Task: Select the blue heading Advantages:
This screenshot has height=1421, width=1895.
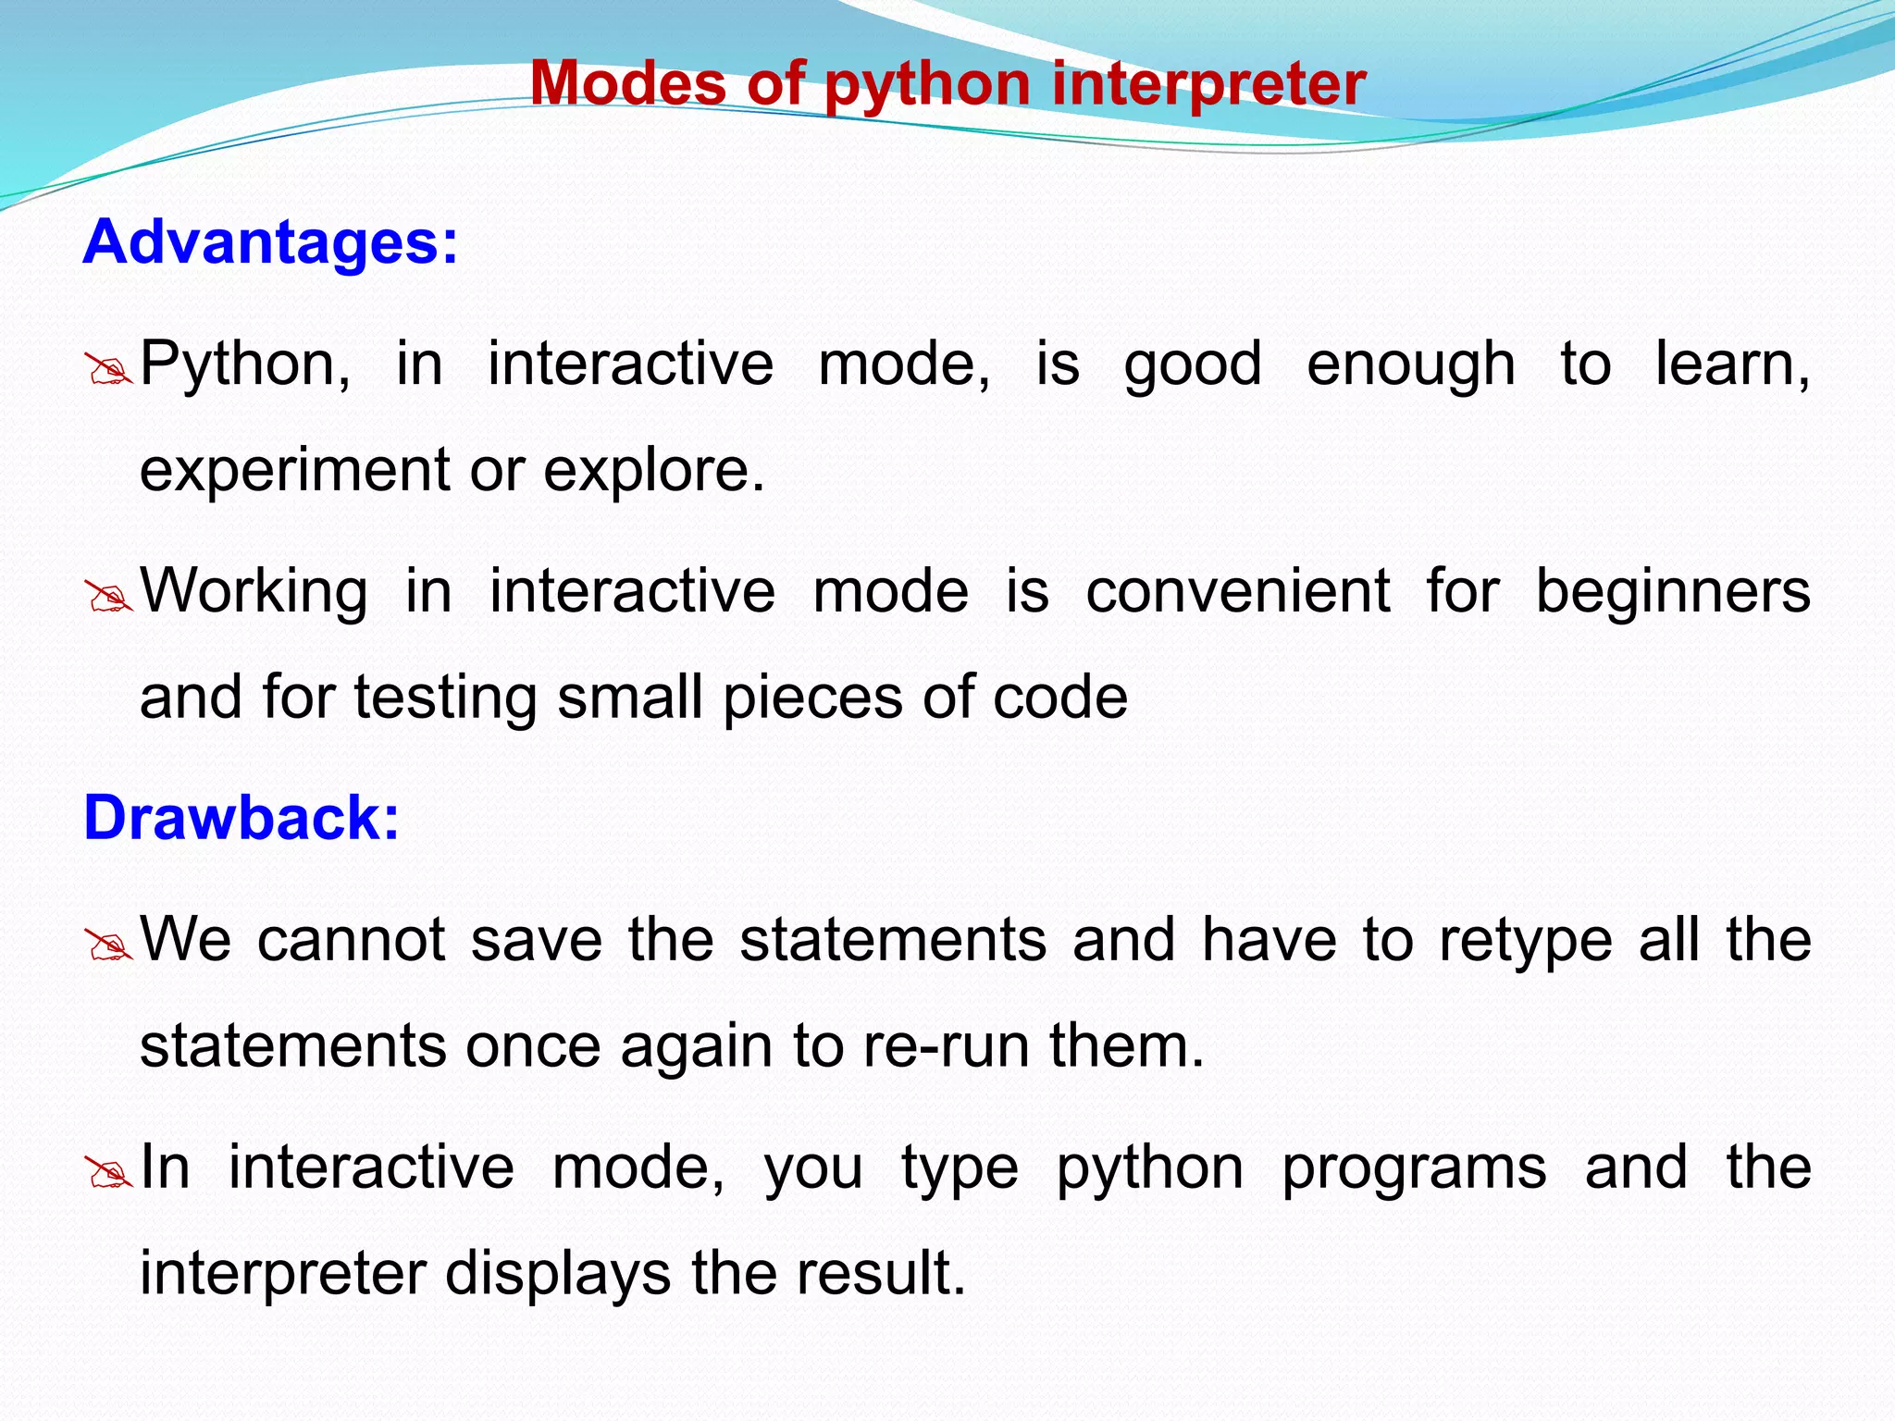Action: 270,242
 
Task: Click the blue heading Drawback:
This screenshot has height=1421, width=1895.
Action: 242,818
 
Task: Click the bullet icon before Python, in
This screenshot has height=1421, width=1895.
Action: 108,370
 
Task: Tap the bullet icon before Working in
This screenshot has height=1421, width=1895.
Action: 108,598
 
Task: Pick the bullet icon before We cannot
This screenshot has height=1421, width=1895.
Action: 108,946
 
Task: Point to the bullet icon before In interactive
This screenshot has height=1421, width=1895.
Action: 108,1174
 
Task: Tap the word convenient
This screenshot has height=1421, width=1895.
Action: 1237,591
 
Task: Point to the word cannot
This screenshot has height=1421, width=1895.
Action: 352,940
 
